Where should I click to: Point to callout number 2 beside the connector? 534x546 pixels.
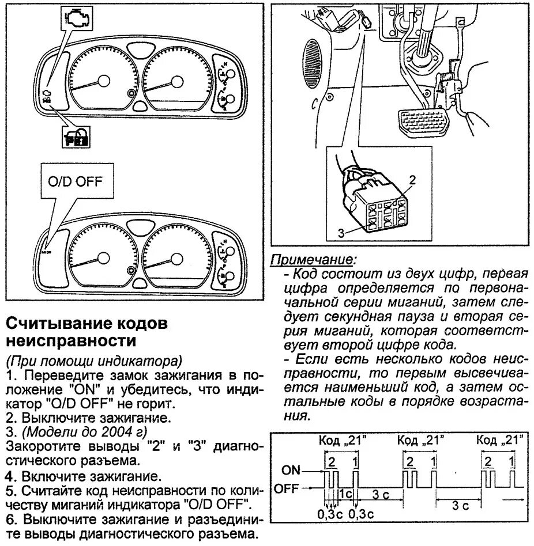412,179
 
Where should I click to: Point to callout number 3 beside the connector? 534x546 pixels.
341,233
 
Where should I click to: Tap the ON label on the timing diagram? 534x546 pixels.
292,470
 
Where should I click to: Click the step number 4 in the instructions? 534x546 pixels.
9,476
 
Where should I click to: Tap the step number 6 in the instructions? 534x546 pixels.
10,520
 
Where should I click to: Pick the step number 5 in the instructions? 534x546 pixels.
10,491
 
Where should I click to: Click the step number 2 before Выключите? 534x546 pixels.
10,418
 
